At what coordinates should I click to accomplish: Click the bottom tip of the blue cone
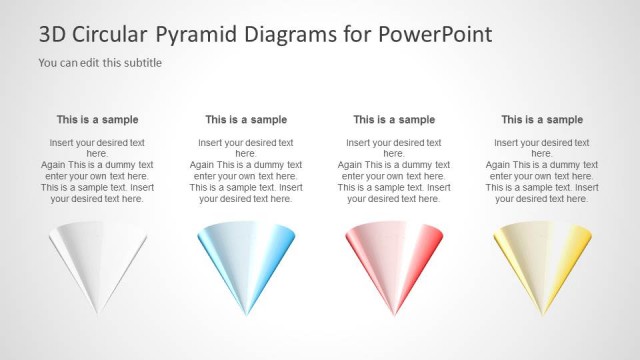tap(246, 314)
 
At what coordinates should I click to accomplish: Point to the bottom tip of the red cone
tap(394, 314)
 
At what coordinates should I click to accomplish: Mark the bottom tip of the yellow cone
tap(542, 314)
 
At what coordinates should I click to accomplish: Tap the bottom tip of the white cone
tap(98, 314)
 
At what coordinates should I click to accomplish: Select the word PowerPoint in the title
tap(435, 35)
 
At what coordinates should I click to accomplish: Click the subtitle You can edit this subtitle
tap(100, 63)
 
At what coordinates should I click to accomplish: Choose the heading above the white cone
tap(97, 120)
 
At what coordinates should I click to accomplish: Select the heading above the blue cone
tap(246, 120)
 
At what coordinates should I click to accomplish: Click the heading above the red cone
tap(394, 120)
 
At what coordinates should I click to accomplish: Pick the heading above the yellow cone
tap(542, 120)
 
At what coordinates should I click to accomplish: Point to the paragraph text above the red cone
tap(394, 170)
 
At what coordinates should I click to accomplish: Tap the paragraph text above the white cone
tap(97, 170)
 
